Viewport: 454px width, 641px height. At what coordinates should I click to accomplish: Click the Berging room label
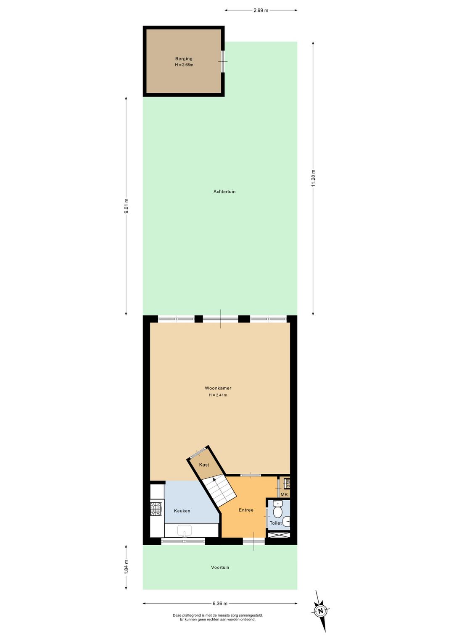(x=184, y=59)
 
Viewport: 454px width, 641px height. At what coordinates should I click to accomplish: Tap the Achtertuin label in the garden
(x=224, y=192)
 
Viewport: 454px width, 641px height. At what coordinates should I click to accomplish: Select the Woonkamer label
(x=218, y=388)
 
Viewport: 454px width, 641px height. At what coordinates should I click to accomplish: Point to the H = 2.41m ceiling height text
(x=218, y=395)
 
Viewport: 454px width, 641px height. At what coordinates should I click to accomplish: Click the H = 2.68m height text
(x=184, y=65)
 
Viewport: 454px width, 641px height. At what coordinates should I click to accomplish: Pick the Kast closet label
(x=204, y=465)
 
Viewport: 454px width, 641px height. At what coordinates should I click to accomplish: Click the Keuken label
(x=182, y=511)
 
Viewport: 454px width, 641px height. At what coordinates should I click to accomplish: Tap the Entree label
(x=246, y=510)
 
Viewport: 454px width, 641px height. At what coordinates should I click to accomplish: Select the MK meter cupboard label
(x=284, y=494)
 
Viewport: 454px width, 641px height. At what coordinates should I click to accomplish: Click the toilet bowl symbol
(x=277, y=510)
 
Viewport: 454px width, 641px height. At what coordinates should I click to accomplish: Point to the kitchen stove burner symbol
(x=156, y=509)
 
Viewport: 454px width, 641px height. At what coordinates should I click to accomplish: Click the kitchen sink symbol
(x=184, y=531)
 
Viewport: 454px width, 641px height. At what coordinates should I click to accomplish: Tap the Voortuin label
(x=220, y=567)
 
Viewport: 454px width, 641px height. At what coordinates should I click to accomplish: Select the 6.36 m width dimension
(x=220, y=604)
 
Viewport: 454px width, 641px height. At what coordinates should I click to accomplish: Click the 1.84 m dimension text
(x=126, y=567)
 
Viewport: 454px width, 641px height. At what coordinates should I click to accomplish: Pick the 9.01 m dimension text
(x=126, y=206)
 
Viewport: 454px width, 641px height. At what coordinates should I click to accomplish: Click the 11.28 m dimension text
(x=313, y=178)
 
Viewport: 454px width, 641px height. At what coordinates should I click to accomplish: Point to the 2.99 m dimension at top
(x=261, y=10)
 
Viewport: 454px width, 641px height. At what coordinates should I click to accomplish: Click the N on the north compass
(x=321, y=611)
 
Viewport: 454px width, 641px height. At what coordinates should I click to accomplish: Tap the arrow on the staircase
(x=215, y=480)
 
